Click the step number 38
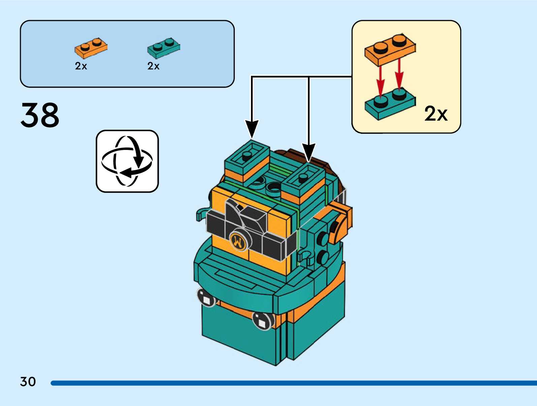point(40,115)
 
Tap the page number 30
point(28,382)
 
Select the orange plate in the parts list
point(91,48)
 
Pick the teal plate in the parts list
point(163,48)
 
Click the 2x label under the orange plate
point(81,66)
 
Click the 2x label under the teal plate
point(153,66)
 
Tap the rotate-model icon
point(127,161)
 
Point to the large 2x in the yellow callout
point(436,114)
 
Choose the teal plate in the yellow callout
point(390,104)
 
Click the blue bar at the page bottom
point(293,383)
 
